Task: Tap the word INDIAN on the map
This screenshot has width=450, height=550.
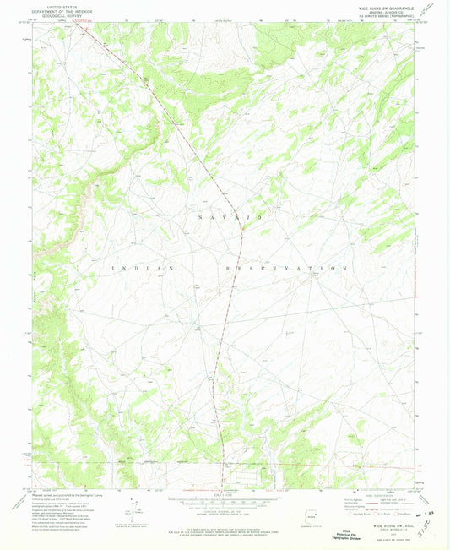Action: (142, 267)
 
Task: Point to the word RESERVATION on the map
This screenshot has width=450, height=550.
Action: (287, 267)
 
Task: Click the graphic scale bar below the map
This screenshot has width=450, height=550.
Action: (225, 497)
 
